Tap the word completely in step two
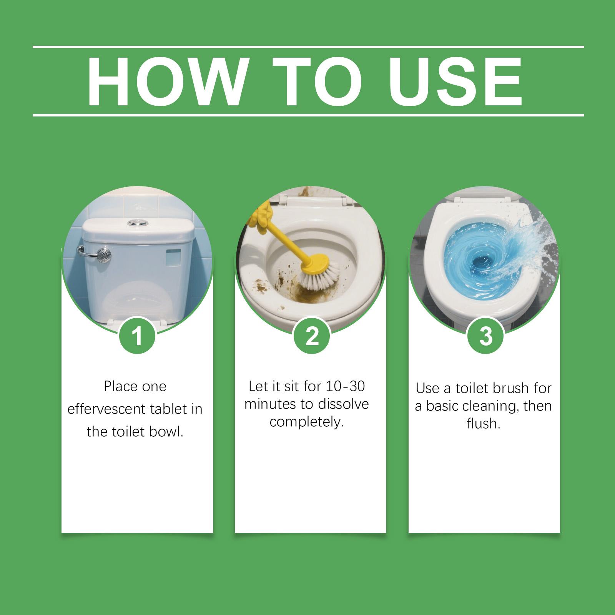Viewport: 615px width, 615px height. [x=306, y=422]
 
